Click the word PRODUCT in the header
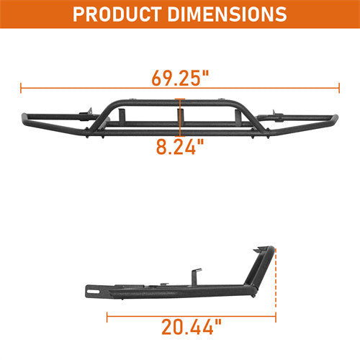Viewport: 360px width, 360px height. pyautogui.click(x=120, y=14)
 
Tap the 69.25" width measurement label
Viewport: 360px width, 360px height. pyautogui.click(x=179, y=74)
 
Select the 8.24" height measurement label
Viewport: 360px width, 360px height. pyautogui.click(x=179, y=147)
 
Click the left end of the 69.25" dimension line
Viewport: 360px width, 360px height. pyautogui.click(x=22, y=89)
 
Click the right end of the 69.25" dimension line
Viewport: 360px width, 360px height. pyautogui.click(x=338, y=89)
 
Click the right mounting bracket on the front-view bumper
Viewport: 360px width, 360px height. pyautogui.click(x=274, y=114)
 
